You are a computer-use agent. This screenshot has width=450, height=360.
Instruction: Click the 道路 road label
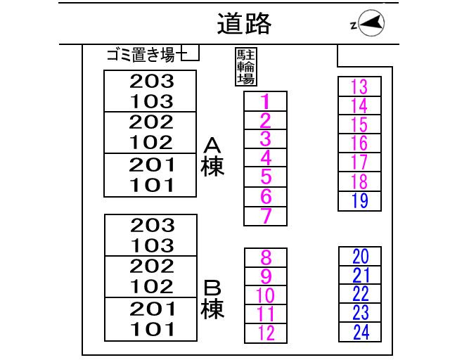244,25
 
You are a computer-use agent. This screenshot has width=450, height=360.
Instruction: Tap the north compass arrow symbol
371,25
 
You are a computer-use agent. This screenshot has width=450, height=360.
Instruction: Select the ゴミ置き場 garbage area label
141,55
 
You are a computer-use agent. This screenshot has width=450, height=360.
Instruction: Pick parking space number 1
265,102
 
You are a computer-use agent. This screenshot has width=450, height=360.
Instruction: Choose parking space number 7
265,216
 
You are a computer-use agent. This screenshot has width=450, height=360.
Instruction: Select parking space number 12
266,333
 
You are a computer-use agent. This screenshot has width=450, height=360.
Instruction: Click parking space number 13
359,86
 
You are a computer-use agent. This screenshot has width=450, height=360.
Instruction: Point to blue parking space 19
359,201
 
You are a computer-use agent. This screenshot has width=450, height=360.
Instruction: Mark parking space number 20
360,256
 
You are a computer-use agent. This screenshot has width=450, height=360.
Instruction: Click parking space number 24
360,332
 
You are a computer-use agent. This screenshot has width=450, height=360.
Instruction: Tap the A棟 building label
212,157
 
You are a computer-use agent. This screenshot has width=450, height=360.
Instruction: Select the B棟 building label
212,300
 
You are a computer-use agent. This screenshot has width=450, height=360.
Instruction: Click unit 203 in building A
151,81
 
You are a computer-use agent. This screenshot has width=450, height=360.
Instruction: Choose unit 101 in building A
151,186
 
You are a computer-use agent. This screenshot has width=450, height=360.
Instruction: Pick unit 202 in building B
151,266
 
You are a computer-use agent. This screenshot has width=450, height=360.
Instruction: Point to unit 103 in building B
151,246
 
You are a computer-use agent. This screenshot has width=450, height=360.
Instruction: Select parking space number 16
359,143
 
